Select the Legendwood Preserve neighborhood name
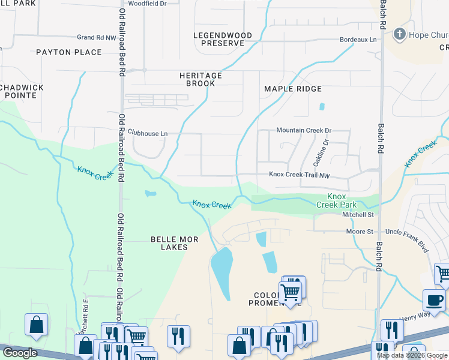[x=218, y=40]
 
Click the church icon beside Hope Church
[x=399, y=35]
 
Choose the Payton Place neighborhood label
[x=68, y=52]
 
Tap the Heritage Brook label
[x=200, y=79]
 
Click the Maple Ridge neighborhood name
[x=293, y=89]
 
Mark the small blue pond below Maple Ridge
[x=322, y=107]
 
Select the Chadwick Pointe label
[x=22, y=91]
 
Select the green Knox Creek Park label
[x=337, y=200]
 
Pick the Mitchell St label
[x=358, y=214]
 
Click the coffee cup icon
[x=433, y=300]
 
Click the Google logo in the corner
[x=19, y=353]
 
